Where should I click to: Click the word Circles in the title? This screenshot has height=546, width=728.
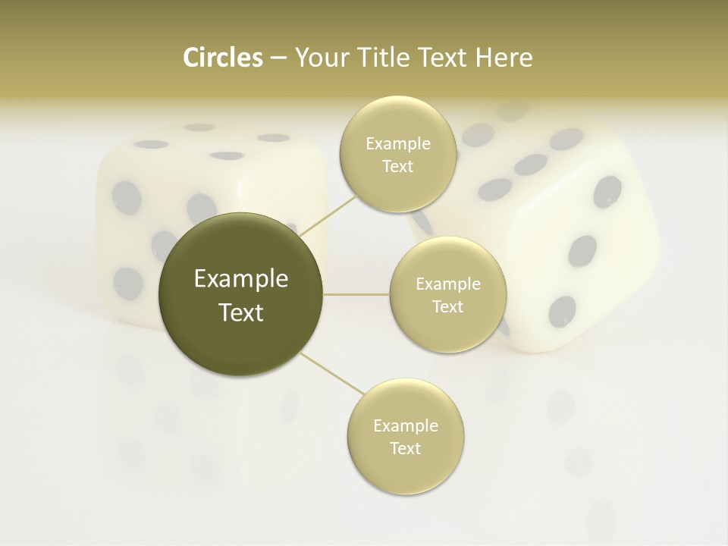(x=223, y=58)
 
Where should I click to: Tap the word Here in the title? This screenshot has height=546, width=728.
(x=505, y=58)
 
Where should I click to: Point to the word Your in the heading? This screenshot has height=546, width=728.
(x=318, y=58)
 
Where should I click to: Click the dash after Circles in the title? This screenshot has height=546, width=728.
(x=278, y=58)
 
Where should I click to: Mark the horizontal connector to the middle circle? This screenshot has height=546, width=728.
(x=356, y=294)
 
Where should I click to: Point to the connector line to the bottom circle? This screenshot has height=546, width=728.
(x=331, y=373)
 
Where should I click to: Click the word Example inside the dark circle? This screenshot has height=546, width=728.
(x=241, y=279)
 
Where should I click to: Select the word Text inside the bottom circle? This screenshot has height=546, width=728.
(x=405, y=448)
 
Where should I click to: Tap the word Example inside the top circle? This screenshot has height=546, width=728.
(x=397, y=144)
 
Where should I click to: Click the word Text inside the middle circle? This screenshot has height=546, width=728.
(x=447, y=306)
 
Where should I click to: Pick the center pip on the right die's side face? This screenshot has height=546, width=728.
(x=582, y=250)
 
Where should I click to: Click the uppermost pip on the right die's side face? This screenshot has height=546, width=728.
(x=607, y=191)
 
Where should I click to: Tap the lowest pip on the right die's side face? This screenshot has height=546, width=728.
(x=562, y=310)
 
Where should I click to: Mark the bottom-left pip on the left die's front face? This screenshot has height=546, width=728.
(x=127, y=281)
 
